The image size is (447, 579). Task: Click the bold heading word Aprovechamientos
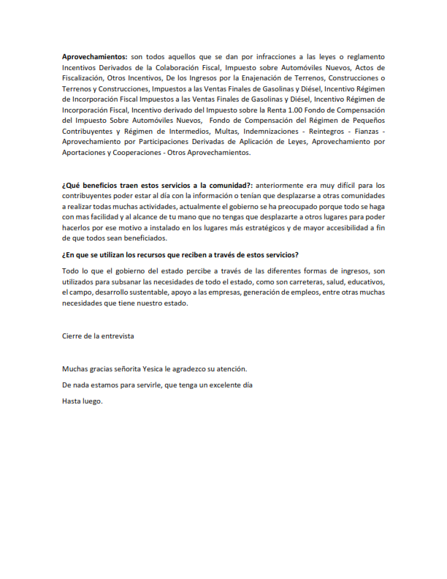[94, 56]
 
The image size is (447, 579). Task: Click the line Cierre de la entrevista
[98, 336]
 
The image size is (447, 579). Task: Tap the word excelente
[220, 385]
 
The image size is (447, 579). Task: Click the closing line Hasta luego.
[83, 401]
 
